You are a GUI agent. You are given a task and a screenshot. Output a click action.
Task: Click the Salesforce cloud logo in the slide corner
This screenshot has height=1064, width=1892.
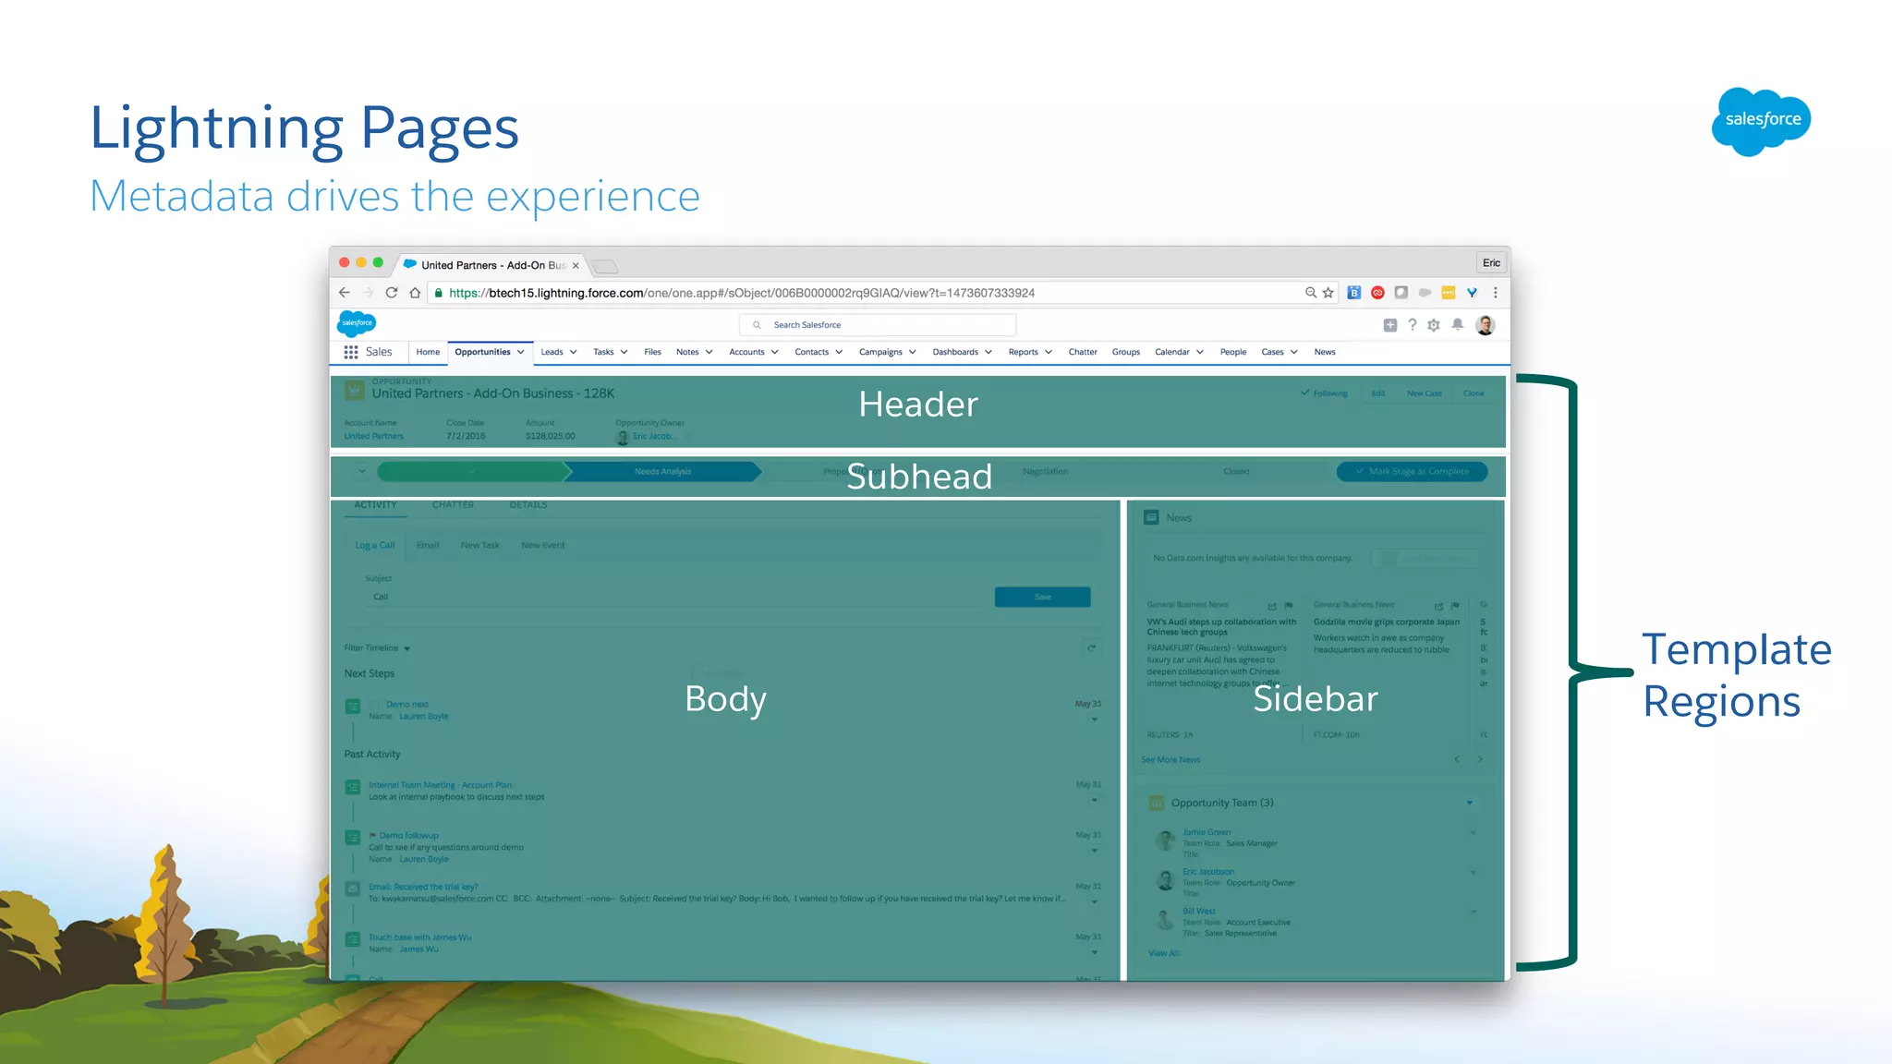[1761, 121]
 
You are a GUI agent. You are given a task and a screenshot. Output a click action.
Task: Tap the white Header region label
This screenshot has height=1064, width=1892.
[917, 405]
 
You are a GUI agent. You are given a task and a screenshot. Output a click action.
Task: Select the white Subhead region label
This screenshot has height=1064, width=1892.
[919, 477]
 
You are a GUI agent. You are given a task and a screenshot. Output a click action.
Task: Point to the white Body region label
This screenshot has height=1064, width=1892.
[725, 699]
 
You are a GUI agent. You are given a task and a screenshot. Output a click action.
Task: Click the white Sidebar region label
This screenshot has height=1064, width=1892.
[1315, 699]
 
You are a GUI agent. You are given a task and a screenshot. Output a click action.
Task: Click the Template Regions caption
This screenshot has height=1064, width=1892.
[1735, 675]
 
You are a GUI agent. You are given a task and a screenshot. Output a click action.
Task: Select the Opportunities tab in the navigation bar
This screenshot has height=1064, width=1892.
[483, 352]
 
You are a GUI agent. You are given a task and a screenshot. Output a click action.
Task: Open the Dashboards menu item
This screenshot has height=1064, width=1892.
[956, 352]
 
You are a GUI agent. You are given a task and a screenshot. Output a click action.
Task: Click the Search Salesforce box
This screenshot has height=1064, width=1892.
[878, 325]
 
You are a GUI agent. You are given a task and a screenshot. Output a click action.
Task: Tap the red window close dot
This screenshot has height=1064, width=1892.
[345, 263]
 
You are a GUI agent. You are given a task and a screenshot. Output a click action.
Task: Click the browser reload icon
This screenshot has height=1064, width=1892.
[392, 293]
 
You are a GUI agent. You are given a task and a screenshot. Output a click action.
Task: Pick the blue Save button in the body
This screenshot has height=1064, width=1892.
[1042, 597]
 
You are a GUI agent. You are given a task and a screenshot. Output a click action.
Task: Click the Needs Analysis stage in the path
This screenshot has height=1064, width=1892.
[662, 472]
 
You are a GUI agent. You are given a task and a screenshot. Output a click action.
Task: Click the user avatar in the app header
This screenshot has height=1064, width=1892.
[1486, 325]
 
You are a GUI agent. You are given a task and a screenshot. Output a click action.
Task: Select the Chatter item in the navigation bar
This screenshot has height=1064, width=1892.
[1083, 352]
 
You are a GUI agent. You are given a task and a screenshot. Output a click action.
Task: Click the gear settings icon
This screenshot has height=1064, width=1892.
[1434, 325]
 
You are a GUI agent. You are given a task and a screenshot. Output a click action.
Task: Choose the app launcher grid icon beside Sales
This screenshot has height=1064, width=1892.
[351, 352]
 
